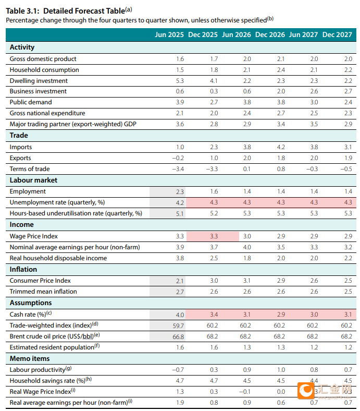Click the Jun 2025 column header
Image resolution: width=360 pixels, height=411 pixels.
[x=169, y=34]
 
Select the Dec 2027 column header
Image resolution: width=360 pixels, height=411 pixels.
[x=337, y=34]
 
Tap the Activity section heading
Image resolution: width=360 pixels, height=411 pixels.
[x=22, y=47]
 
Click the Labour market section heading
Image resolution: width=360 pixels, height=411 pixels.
[x=33, y=180]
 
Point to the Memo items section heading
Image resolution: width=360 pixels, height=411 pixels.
[x=30, y=358]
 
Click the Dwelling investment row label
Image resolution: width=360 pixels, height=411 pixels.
[x=39, y=81]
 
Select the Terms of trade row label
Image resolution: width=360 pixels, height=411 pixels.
[x=30, y=169]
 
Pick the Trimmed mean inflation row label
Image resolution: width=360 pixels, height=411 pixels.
[x=43, y=292]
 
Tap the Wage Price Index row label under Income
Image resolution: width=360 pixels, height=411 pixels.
[x=33, y=236]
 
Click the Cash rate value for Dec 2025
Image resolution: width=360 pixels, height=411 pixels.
[x=214, y=315]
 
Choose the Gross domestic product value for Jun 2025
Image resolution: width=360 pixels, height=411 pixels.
[x=180, y=59]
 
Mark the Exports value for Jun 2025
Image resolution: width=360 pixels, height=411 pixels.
[x=178, y=158]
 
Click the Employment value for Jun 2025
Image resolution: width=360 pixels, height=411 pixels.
[x=180, y=192]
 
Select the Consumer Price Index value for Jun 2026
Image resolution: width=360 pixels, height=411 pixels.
[x=247, y=281]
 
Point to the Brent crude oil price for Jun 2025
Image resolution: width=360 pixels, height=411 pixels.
[x=178, y=336]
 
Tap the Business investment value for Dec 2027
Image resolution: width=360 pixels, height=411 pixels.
[x=348, y=91]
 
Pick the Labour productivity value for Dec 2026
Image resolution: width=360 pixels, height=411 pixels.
[x=281, y=370]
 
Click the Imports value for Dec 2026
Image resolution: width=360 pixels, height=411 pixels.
[x=281, y=147]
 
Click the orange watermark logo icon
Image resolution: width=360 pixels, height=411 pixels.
[x=306, y=391]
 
